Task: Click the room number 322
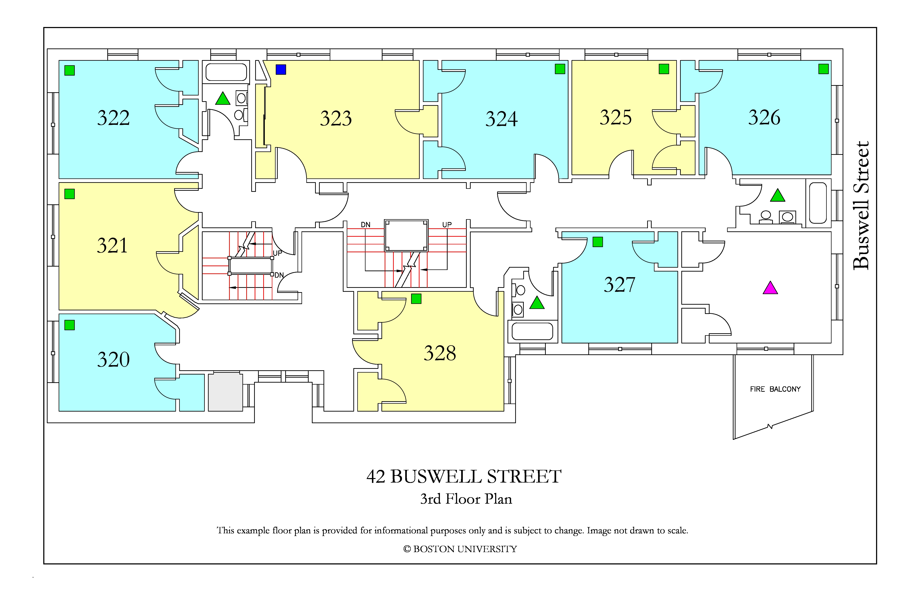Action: [113, 118]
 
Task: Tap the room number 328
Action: [440, 353]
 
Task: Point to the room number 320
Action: [113, 359]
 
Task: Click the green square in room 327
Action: [598, 242]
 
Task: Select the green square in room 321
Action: [69, 194]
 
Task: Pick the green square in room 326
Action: [823, 69]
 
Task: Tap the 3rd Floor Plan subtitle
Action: [466, 499]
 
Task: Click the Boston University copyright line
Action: [460, 549]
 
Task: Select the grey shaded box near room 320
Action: [225, 392]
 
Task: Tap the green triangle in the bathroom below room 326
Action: [778, 195]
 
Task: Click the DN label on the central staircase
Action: [366, 225]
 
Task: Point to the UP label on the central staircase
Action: [447, 225]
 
